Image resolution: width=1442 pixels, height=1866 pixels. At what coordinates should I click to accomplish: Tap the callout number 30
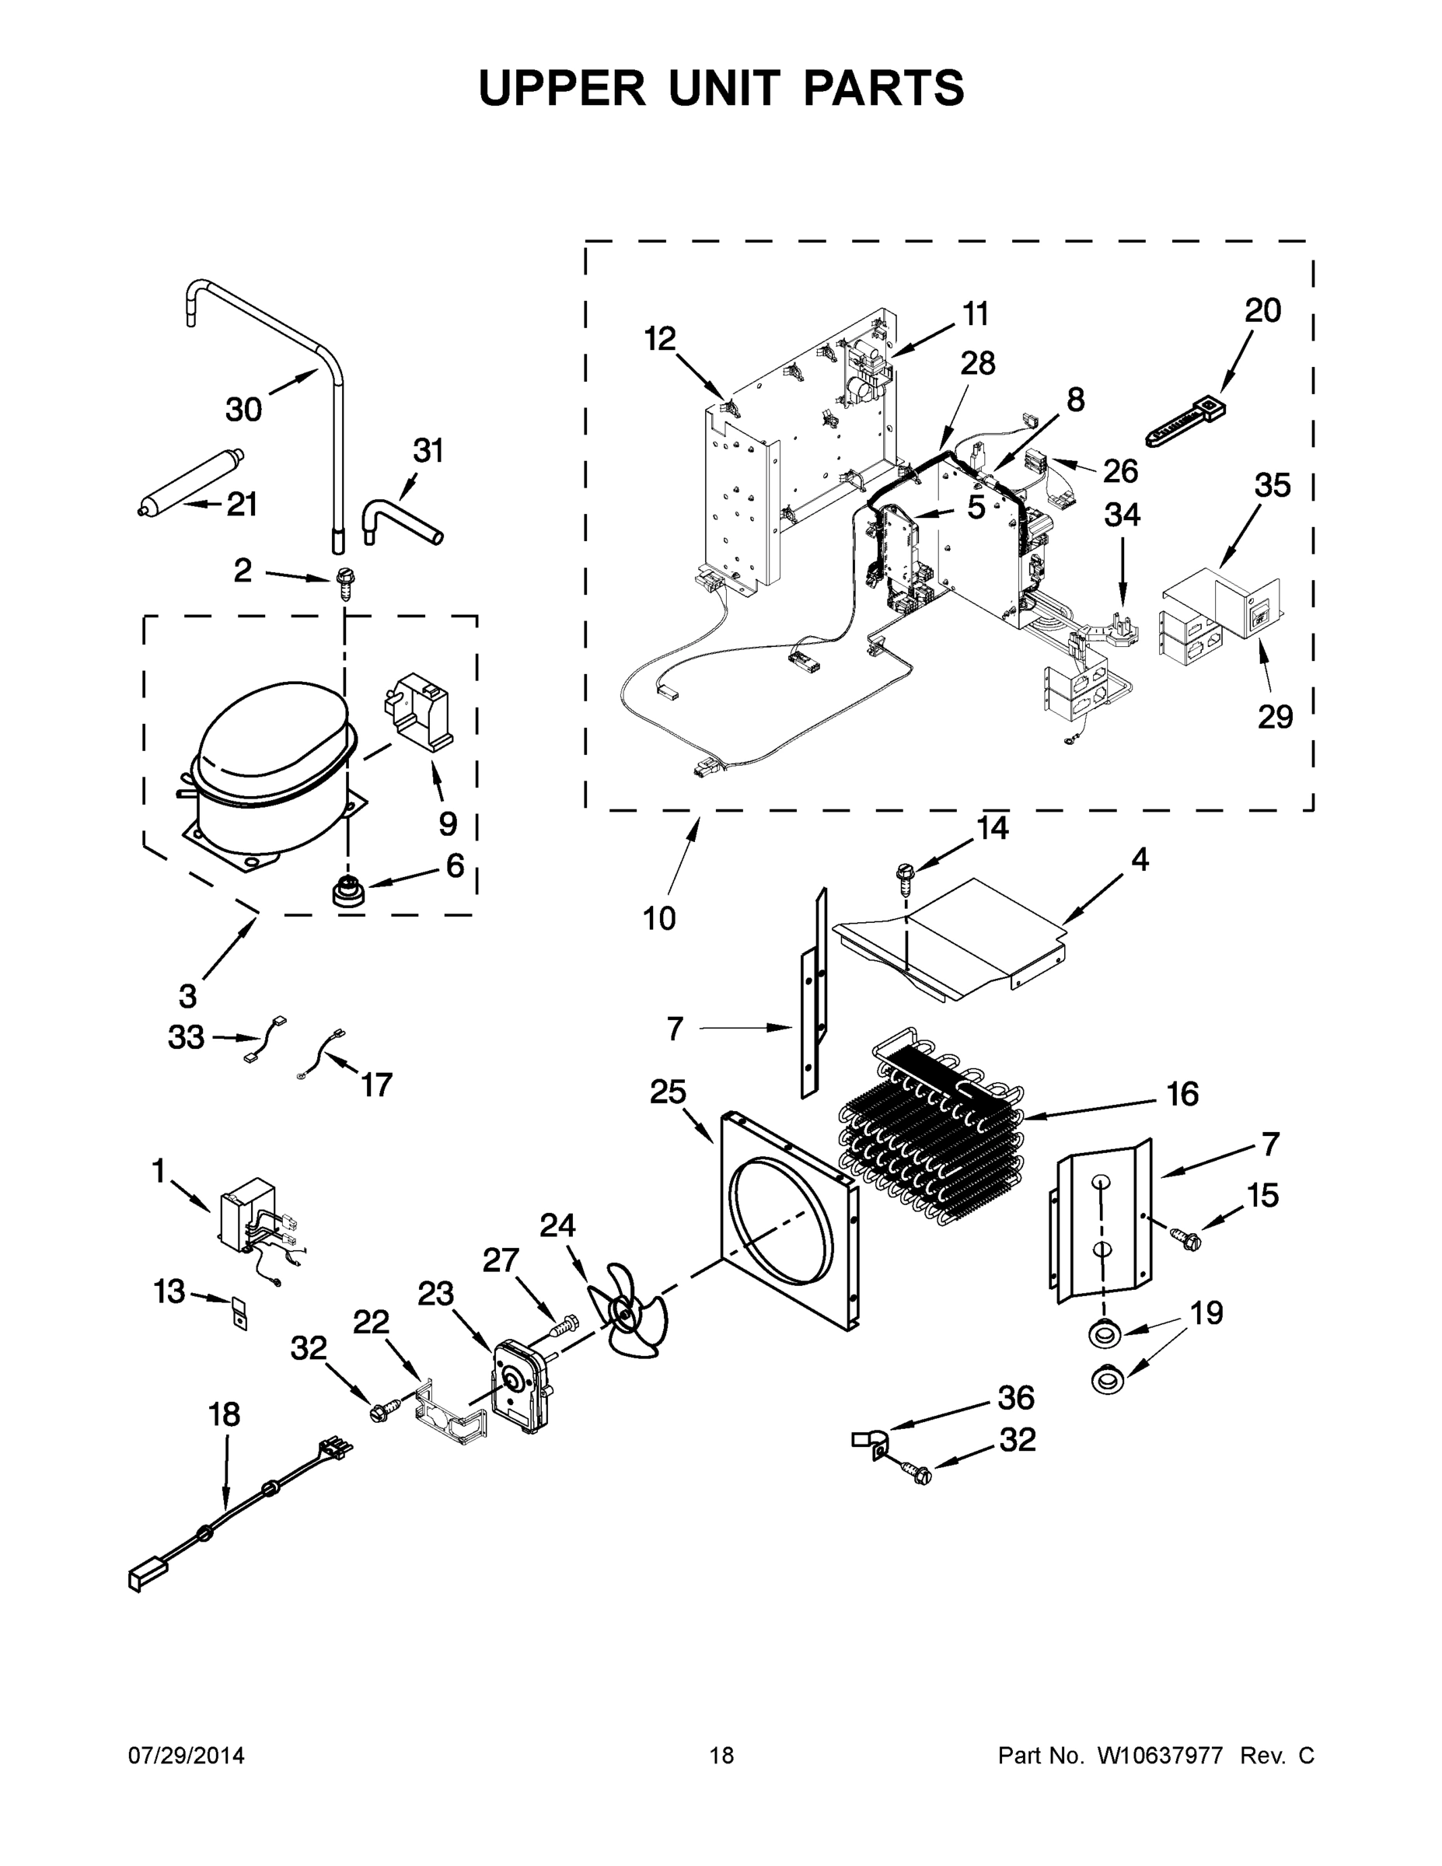243,410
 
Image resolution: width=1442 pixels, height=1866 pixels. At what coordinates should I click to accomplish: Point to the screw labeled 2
345,584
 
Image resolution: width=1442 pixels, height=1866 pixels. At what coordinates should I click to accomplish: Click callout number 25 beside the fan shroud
668,1092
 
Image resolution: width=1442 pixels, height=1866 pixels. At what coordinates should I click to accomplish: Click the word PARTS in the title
883,89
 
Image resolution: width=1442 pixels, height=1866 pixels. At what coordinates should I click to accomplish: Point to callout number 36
1016,1399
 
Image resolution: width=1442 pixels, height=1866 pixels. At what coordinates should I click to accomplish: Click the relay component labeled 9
421,709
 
